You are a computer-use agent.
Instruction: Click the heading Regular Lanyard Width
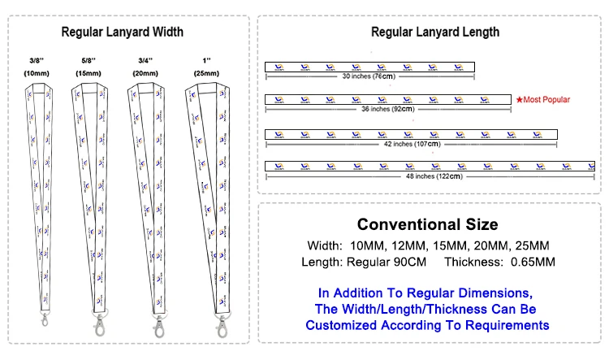[x=122, y=32]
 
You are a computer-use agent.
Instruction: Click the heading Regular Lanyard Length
[x=434, y=32]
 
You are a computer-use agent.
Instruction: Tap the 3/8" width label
[x=35, y=61]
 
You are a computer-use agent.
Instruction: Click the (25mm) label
[x=205, y=74]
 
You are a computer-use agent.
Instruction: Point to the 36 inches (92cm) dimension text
[x=387, y=109]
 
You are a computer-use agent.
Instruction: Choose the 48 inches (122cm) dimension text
[x=434, y=176]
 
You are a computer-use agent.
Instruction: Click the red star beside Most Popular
[x=518, y=99]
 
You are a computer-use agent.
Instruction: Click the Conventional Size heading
[x=428, y=224]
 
